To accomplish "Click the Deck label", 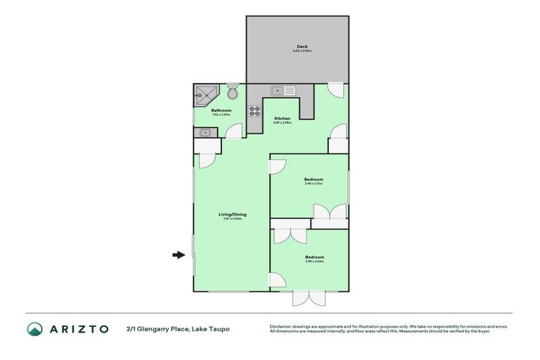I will [302, 47].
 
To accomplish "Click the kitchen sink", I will [283, 90].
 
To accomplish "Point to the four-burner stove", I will [255, 110].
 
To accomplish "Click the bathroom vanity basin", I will [205, 131].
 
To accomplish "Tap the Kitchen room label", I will [282, 118].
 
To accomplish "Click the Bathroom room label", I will [221, 110].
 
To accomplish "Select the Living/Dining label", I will [232, 214].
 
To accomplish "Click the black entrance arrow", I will [179, 255].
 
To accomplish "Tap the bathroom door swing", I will [234, 131].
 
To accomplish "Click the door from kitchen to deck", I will [337, 90].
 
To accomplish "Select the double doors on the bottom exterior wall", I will [309, 298].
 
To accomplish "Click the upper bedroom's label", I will [314, 179].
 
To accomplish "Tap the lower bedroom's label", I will [314, 257].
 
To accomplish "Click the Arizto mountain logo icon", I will [35, 328].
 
